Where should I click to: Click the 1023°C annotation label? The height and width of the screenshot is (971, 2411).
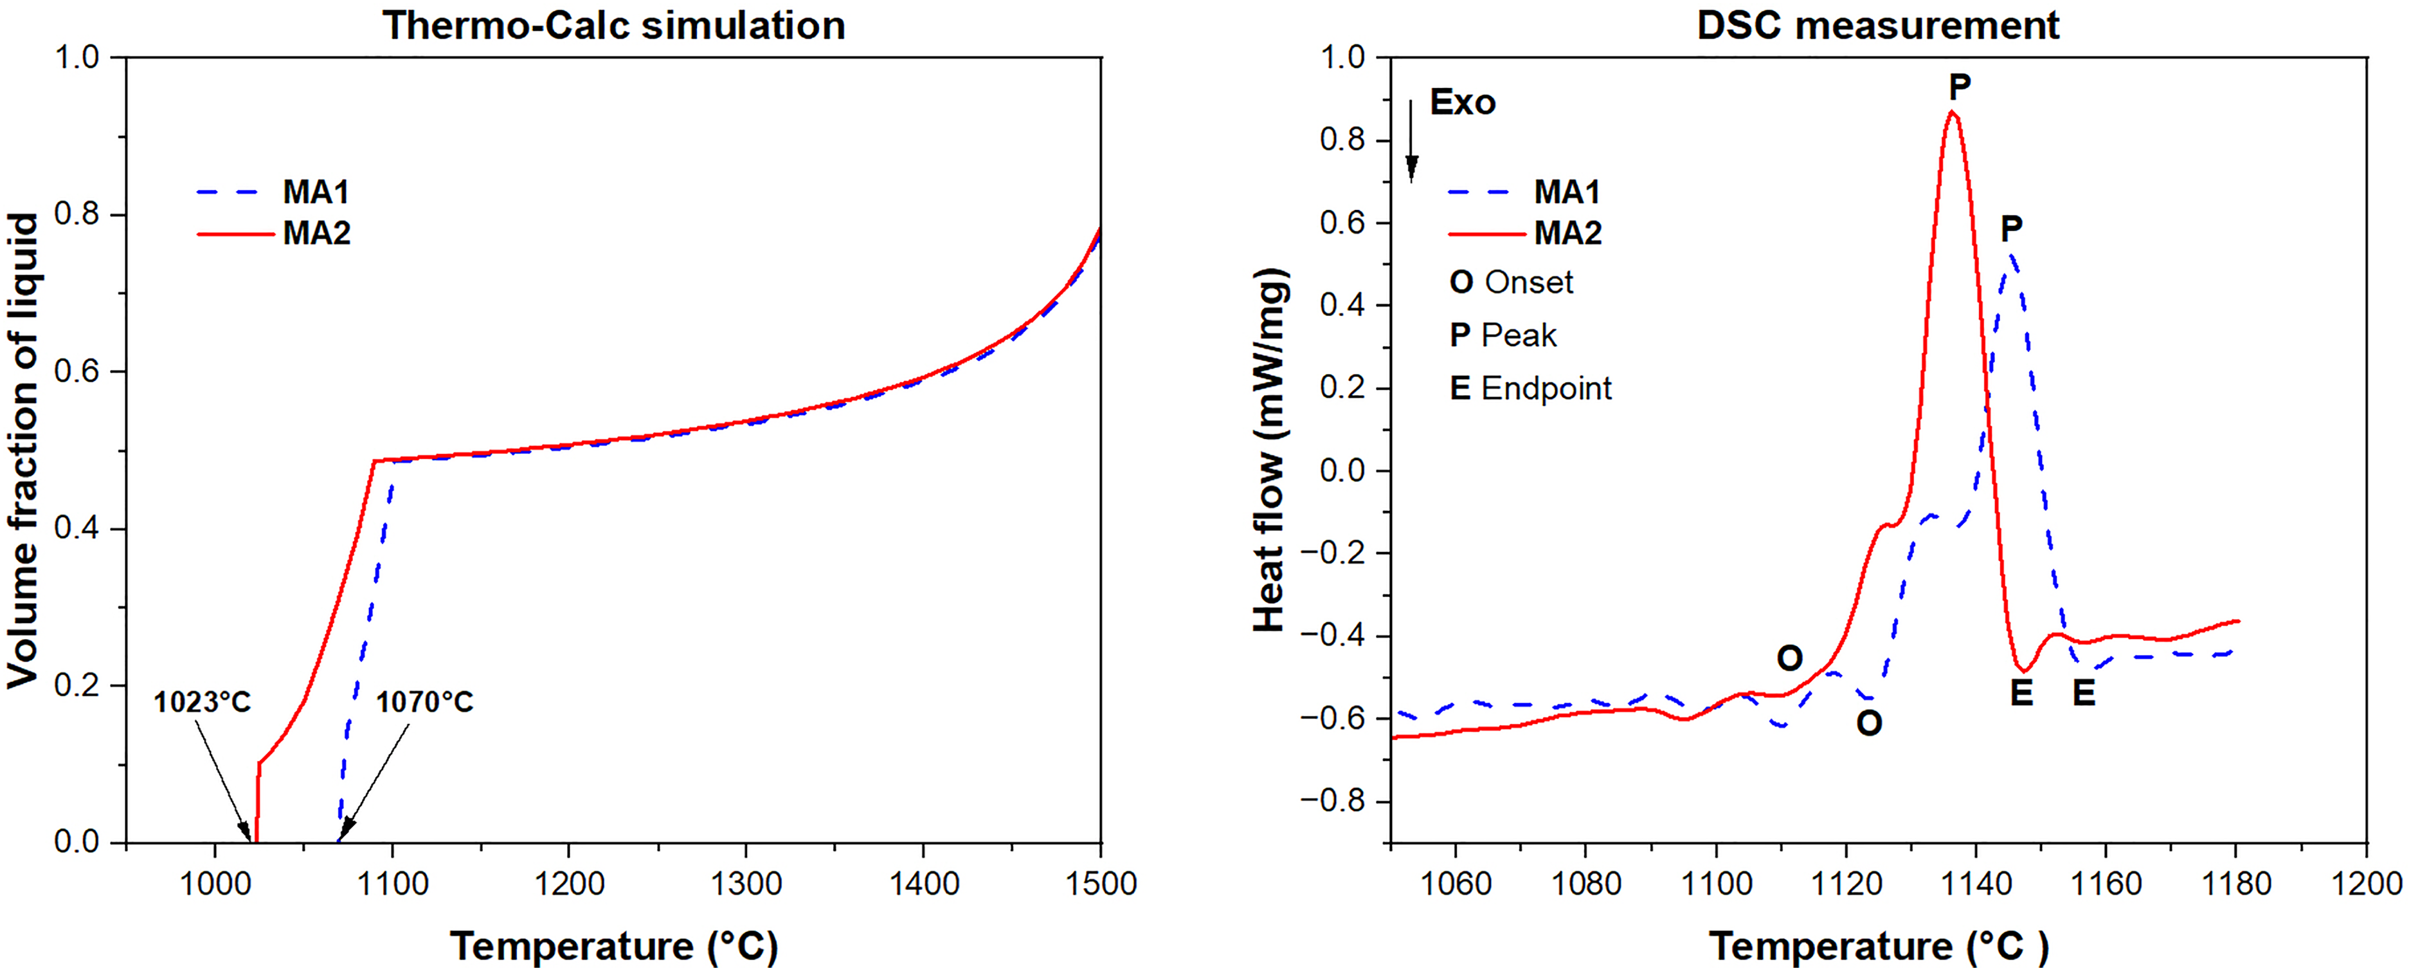(202, 701)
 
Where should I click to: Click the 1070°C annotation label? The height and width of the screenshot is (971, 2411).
(425, 701)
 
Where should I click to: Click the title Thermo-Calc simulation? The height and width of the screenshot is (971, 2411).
(614, 25)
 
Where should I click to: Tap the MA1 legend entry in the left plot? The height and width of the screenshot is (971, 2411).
(273, 192)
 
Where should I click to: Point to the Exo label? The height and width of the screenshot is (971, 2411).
(1462, 102)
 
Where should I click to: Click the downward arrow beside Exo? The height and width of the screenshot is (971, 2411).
(1411, 140)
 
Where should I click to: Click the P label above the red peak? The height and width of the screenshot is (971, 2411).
(1959, 86)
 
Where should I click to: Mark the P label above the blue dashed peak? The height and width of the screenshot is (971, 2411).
(2011, 228)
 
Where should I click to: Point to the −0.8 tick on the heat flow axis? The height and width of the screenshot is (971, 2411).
(1335, 802)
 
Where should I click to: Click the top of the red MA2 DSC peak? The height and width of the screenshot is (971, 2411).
(1953, 113)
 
